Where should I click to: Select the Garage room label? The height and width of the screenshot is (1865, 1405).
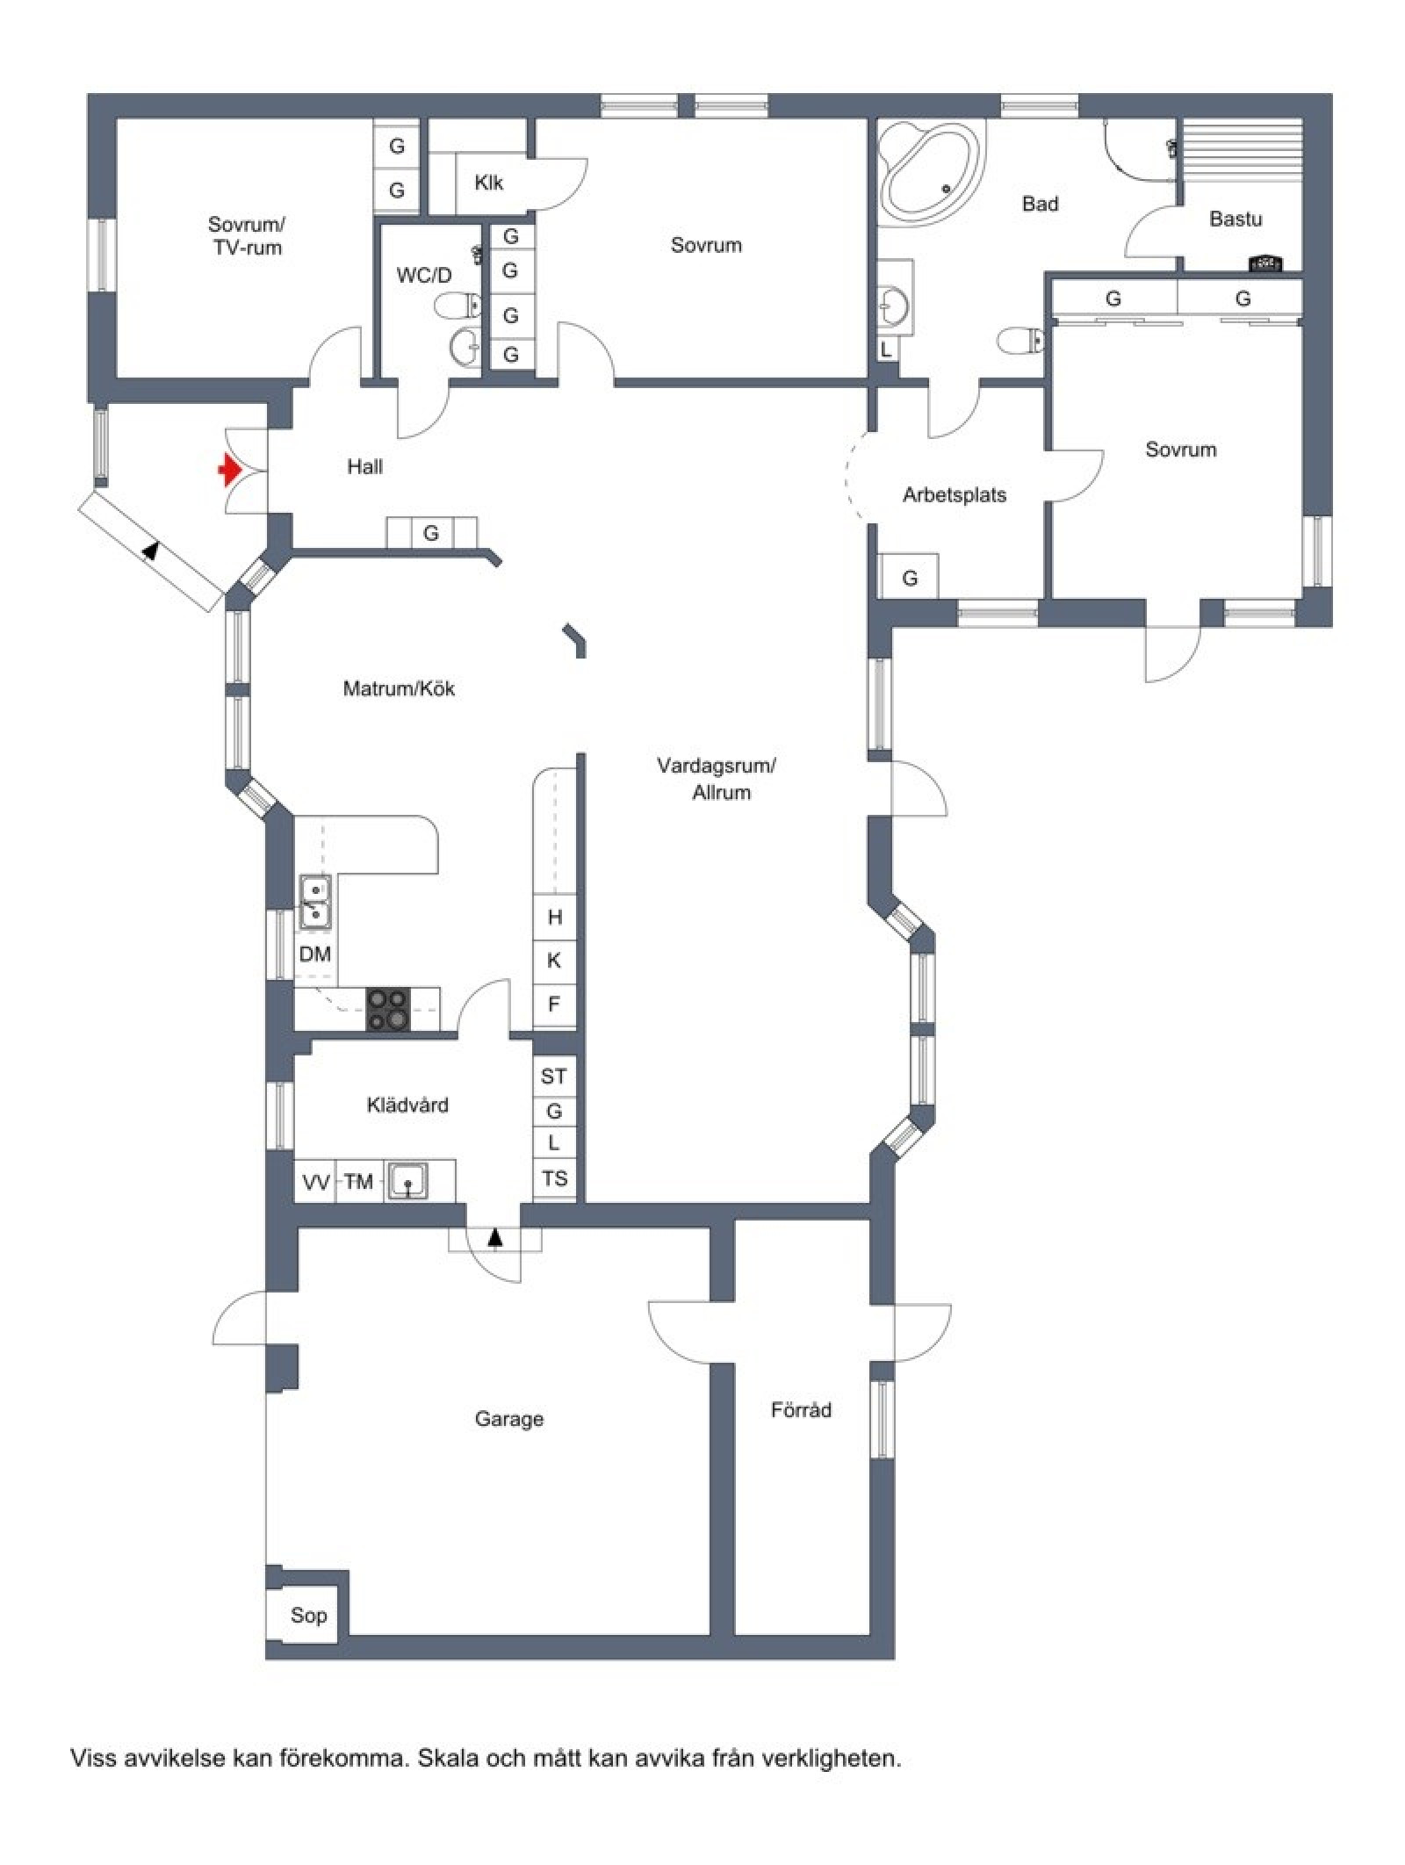[508, 1418]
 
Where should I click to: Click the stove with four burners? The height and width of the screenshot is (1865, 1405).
[387, 1009]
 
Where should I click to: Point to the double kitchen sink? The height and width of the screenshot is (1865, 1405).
[314, 902]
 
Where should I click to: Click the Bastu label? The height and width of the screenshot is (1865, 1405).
[1235, 218]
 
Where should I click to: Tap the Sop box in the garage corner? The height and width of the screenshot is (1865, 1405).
[307, 1615]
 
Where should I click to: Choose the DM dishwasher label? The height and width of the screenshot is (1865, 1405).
[314, 954]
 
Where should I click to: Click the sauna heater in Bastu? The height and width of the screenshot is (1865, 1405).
[1264, 262]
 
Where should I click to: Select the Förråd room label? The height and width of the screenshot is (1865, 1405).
[800, 1410]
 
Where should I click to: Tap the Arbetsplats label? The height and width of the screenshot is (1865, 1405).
[954, 494]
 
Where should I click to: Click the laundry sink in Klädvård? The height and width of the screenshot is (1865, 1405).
[408, 1180]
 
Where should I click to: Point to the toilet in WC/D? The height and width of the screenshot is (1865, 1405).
[458, 306]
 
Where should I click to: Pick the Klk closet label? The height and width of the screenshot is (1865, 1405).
[488, 183]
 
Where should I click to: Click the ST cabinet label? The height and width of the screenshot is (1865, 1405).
[553, 1076]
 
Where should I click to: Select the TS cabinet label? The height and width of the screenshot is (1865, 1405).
[554, 1178]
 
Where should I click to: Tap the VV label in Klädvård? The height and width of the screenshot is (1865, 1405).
[315, 1182]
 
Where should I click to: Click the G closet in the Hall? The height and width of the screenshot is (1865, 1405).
[431, 532]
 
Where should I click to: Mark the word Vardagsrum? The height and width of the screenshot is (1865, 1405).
[717, 765]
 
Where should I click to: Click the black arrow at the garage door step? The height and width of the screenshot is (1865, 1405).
[494, 1237]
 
